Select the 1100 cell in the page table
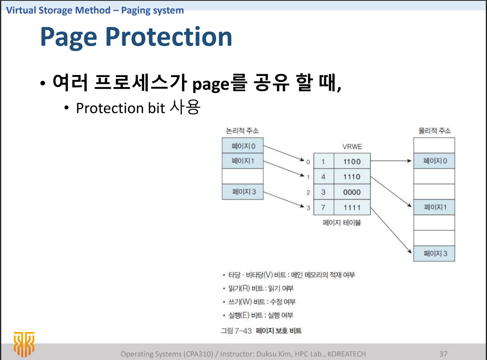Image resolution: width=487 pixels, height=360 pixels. click(x=352, y=161)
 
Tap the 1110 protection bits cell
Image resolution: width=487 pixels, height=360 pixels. click(x=352, y=177)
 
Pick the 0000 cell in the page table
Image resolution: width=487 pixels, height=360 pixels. click(x=352, y=192)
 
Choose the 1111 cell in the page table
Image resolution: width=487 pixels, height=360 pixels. click(x=352, y=207)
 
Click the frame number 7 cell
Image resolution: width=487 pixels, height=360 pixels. click(x=323, y=207)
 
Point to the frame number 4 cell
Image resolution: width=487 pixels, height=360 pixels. click(x=323, y=177)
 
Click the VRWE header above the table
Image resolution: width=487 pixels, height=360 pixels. click(x=352, y=147)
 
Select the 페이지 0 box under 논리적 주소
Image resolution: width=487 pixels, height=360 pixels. click(x=242, y=146)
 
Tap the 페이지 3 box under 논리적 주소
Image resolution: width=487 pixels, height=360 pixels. click(x=242, y=192)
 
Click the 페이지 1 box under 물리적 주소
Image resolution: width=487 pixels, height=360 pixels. click(x=434, y=207)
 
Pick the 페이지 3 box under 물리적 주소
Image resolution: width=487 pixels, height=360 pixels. click(x=434, y=253)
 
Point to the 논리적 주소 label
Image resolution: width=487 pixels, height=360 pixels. click(x=242, y=131)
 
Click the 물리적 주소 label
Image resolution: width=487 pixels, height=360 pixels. click(x=435, y=131)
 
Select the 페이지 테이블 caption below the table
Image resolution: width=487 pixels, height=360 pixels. click(x=342, y=222)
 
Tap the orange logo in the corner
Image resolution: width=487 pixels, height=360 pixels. click(x=24, y=343)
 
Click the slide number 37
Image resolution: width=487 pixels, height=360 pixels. click(x=443, y=354)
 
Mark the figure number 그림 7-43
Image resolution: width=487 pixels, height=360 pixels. click(x=236, y=331)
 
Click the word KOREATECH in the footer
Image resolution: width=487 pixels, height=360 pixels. click(x=346, y=354)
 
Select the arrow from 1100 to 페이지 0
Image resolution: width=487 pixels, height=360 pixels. click(x=392, y=161)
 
